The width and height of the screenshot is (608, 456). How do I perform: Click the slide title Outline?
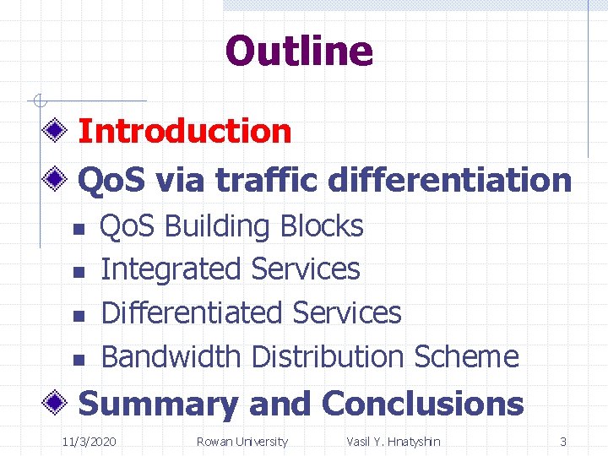pos(299,51)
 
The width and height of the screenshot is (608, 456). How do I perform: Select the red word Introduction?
pos(185,132)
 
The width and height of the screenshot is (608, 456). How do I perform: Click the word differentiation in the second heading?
pos(449,179)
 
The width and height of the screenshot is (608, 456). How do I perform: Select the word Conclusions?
pos(422,404)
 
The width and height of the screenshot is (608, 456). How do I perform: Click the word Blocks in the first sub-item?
pos(321,226)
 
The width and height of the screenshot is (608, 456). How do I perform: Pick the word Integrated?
pos(171,269)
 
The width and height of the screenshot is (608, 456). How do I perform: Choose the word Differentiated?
pos(192,312)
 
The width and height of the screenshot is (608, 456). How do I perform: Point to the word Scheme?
pos(465,356)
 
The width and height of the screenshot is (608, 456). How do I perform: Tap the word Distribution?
pos(328,356)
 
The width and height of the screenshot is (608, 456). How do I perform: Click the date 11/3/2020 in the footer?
pos(90,442)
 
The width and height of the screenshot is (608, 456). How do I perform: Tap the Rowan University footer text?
pos(242,442)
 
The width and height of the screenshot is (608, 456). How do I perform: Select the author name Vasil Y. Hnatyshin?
pos(394,442)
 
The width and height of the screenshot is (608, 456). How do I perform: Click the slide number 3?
pos(563,442)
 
